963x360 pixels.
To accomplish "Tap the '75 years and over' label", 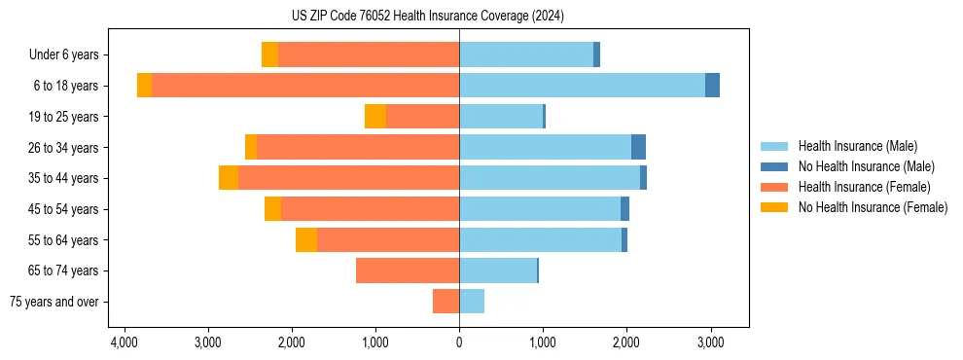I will (x=54, y=302).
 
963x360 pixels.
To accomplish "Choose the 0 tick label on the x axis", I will (x=459, y=342).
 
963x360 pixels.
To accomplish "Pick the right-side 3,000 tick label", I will (x=710, y=342).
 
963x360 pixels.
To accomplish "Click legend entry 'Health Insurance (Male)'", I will (x=857, y=146).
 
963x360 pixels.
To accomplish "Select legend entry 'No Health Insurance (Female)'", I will (x=873, y=207).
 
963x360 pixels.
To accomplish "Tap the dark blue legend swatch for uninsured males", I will (x=775, y=166).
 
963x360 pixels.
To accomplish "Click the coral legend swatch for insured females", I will (x=775, y=187).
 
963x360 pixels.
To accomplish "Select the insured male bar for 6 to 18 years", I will (x=582, y=86).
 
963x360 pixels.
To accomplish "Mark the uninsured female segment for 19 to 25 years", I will (x=375, y=117).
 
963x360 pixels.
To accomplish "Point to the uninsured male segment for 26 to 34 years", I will (x=638, y=147).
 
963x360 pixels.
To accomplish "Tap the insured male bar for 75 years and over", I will (x=472, y=302).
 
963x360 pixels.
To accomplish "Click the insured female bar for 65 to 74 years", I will (x=408, y=270).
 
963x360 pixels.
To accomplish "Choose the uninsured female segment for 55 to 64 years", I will (x=306, y=239).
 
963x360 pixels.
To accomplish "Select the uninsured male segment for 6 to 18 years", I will (x=712, y=86).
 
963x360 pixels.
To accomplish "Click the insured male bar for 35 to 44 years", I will (x=550, y=178).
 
